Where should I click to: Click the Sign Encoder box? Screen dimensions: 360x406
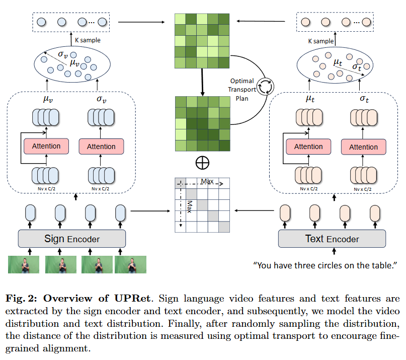click(72, 239)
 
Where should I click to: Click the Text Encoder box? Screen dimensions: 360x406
click(332, 239)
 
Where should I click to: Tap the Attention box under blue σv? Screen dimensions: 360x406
click(101, 147)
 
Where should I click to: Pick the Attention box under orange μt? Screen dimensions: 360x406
click(308, 147)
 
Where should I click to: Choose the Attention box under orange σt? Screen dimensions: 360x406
click(363, 147)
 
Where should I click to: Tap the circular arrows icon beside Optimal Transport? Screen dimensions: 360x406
click(265, 87)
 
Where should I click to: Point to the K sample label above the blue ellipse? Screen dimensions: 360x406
click(88, 40)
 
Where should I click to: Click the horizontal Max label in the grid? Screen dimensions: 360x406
click(207, 181)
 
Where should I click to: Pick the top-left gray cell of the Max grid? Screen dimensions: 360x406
click(180, 183)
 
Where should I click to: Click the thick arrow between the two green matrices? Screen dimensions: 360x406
click(202, 82)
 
